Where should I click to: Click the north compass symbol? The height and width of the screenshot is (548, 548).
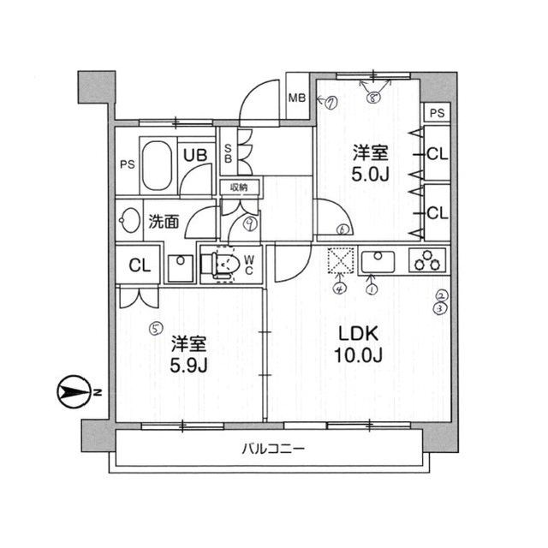tap(73, 393)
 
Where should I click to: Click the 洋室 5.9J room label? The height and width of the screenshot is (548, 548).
tap(189, 353)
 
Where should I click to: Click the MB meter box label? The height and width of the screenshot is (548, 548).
tap(297, 98)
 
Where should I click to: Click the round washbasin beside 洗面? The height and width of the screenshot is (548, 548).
tap(129, 221)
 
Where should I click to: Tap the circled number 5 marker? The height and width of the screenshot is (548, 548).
tap(155, 326)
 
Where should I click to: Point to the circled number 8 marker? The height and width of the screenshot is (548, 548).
tap(372, 98)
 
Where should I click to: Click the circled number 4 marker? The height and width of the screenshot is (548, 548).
tap(339, 289)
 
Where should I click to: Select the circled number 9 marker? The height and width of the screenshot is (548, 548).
tap(249, 224)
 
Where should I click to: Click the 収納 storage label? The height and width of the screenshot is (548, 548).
tap(238, 187)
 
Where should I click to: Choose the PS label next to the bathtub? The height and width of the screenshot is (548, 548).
tap(126, 164)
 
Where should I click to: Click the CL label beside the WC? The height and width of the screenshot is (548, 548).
tap(139, 265)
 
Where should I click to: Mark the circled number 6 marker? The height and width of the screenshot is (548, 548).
tap(342, 229)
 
